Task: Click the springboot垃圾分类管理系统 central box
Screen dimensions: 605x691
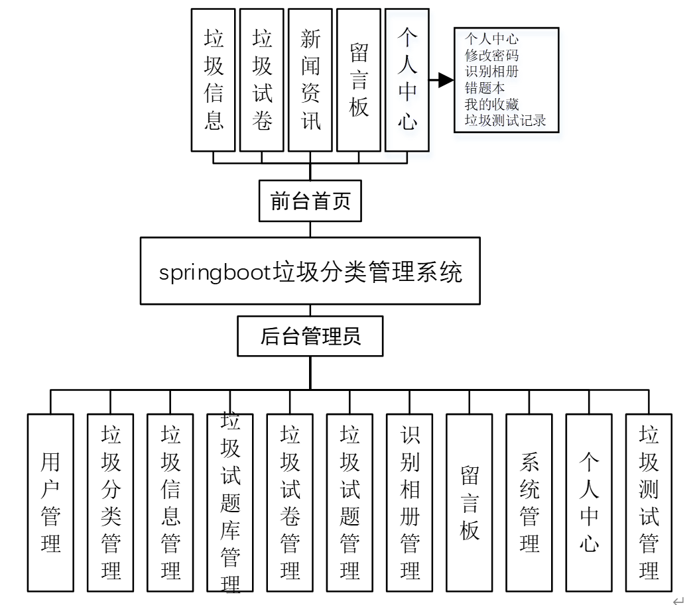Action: [x=310, y=271]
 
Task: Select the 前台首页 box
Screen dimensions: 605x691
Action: [x=310, y=201]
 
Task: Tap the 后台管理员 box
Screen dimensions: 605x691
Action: [x=310, y=337]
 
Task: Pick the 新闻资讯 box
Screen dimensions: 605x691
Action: [x=310, y=80]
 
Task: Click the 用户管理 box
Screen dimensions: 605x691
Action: [x=50, y=502]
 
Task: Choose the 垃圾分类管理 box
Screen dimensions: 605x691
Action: [x=111, y=502]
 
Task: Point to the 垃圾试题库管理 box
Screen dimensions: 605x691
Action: [x=230, y=502]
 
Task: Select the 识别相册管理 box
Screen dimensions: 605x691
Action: [x=410, y=502]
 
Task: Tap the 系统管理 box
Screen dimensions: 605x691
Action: [x=529, y=502]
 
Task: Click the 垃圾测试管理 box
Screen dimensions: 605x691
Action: [x=649, y=502]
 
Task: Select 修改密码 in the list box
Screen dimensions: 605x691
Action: [x=491, y=55]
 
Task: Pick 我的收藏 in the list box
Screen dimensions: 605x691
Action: [x=491, y=105]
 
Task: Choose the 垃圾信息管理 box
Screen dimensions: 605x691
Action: [x=170, y=502]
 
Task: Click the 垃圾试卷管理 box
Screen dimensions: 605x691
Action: [x=290, y=502]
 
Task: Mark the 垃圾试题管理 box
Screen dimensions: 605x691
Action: [x=349, y=502]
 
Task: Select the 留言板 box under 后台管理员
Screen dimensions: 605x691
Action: [x=470, y=502]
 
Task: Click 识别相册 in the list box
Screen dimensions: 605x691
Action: [x=491, y=72]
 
